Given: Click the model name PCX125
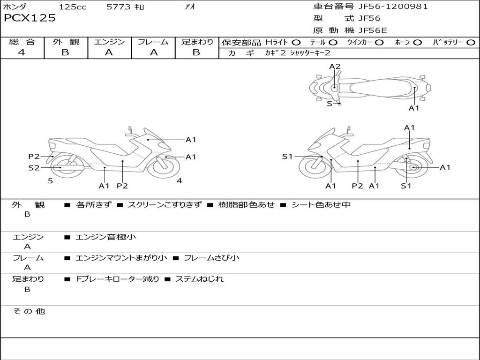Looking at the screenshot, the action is point(30,18).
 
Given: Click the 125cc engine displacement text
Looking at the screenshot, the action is point(72,7).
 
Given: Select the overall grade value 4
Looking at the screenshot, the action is point(22,52).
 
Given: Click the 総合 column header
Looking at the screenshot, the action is point(22,42).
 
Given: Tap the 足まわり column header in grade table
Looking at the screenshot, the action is point(197,42).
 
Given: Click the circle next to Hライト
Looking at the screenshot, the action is point(296,43).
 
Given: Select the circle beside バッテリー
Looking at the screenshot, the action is point(471,43).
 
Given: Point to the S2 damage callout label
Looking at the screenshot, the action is point(34,167).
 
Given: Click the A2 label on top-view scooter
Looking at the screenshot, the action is point(335,67).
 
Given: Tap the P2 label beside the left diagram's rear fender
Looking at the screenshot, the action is point(34,157).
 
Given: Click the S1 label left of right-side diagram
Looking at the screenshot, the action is point(287,157).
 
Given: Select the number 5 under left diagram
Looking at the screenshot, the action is point(50,180).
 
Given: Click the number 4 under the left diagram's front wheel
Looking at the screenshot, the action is point(179,180).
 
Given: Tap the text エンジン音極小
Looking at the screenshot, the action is point(105,237).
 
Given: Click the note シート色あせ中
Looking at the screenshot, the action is point(321,205).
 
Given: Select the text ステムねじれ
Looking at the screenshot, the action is point(199,279).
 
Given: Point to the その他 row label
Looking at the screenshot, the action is point(29,311).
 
